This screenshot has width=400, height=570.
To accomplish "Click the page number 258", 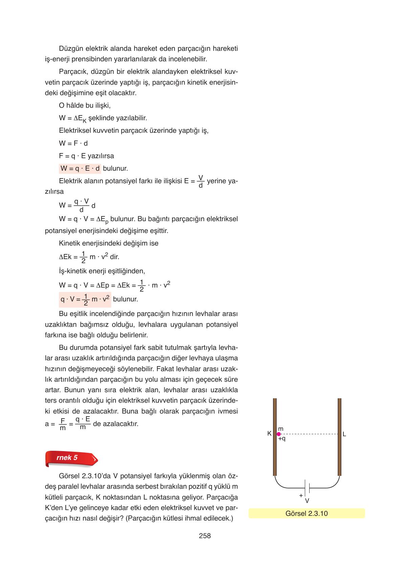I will point(205,535).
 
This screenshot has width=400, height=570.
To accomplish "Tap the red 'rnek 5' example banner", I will point(71,458).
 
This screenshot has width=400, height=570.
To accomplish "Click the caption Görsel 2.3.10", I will point(307,513).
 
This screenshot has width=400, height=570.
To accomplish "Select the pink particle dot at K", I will point(279,434).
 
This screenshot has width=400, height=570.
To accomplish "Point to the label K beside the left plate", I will point(269,433).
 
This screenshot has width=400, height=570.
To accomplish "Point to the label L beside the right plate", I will point(344,434).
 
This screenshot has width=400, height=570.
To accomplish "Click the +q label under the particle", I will point(282,439).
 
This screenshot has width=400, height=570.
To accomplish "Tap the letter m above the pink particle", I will point(280,429).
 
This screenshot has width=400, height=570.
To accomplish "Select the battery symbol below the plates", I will point(307,488).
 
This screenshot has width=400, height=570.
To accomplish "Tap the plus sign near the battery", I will point(300,495).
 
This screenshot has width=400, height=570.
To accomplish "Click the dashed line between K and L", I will point(308,434).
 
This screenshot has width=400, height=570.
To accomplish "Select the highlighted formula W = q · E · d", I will point(80,168).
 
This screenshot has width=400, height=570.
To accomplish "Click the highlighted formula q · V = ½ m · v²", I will point(85,299).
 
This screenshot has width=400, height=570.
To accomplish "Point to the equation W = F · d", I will point(73,143).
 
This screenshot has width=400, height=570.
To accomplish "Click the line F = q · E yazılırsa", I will point(86,156).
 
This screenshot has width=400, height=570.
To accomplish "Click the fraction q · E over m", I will point(83,423).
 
